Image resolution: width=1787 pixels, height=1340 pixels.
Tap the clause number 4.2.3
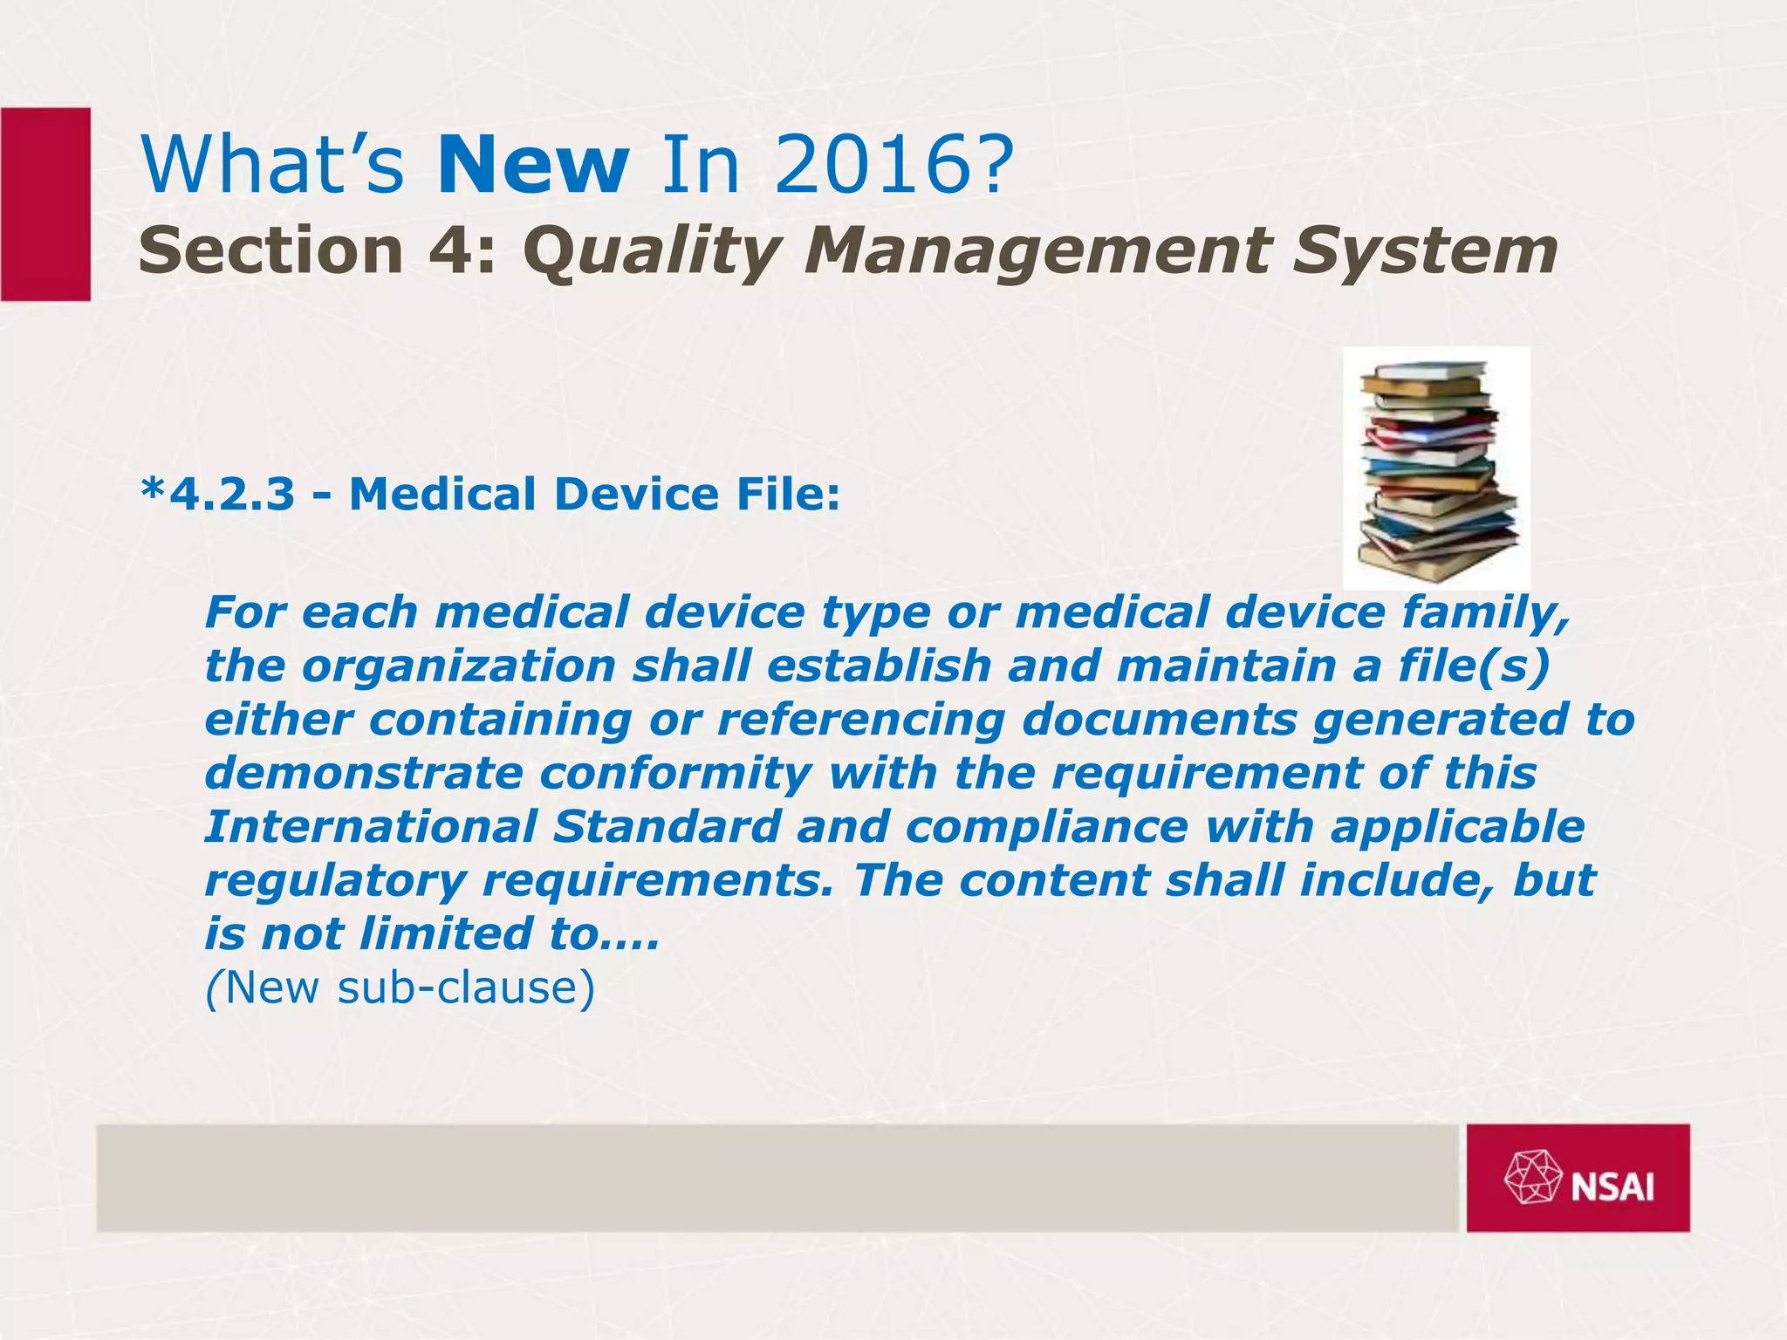click(231, 495)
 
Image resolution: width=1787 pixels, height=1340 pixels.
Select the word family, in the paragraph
click(1485, 612)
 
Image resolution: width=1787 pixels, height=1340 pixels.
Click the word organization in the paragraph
click(459, 667)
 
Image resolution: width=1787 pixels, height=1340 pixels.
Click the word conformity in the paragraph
click(675, 774)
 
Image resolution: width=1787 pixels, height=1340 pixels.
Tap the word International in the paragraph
click(370, 827)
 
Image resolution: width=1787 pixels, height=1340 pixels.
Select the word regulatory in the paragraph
click(334, 881)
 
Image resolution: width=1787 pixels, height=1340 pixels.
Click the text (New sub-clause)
click(400, 988)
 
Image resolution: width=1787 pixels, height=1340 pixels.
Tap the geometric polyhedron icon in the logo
click(1533, 1178)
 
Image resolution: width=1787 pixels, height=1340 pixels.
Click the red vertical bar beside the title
click(45, 204)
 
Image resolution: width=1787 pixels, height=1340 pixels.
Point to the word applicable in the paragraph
click(1457, 827)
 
